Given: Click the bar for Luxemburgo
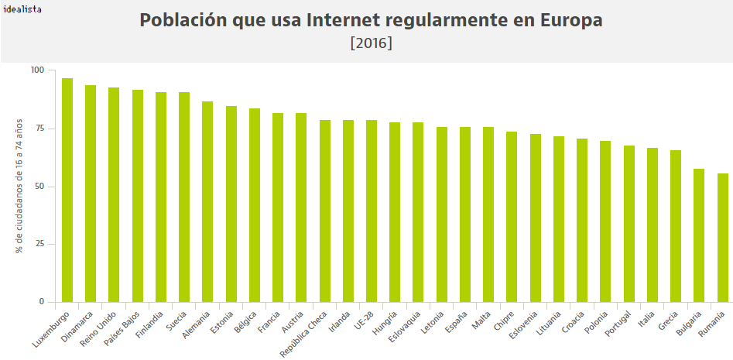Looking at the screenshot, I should click(x=67, y=190).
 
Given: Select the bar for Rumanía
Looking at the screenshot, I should click(x=722, y=237).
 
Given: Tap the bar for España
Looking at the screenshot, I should click(x=465, y=214).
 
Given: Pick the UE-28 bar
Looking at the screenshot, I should click(x=372, y=211).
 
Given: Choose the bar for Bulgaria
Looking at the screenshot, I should click(x=699, y=235).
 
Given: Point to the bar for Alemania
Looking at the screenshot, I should click(x=207, y=201).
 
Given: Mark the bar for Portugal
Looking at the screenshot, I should click(x=629, y=223).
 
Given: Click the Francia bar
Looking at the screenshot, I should click(x=277, y=207).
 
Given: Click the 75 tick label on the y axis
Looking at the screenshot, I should click(x=39, y=129).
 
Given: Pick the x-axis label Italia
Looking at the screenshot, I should click(x=647, y=320).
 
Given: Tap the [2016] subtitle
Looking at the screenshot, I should click(x=372, y=43).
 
